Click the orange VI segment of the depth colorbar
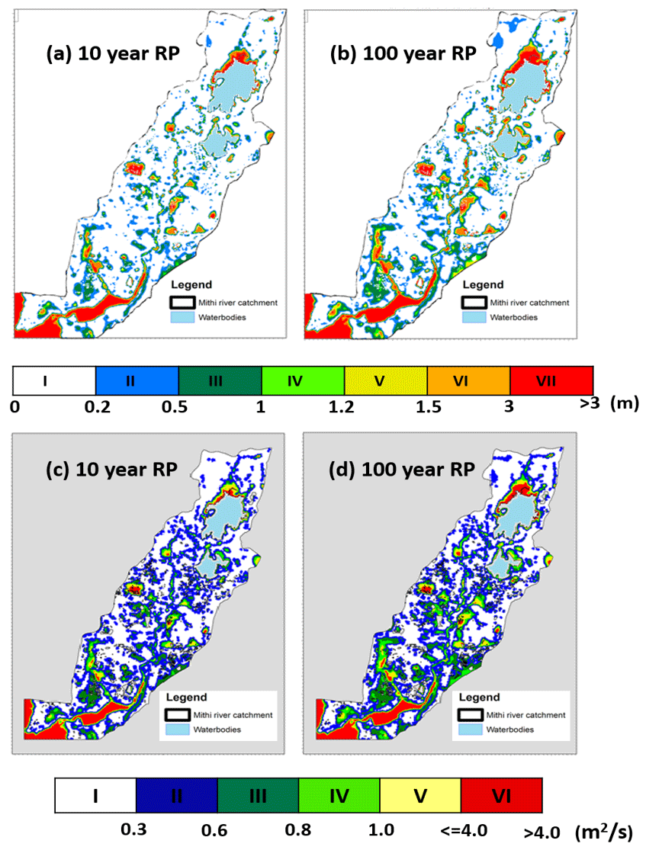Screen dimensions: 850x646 point(468,380)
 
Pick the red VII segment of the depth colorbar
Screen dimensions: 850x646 point(551,380)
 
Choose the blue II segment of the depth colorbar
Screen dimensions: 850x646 point(137,380)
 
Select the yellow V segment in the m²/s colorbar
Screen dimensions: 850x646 point(419,795)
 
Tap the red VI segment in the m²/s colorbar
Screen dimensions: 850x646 point(501,795)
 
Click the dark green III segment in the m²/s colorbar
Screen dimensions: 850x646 point(257,795)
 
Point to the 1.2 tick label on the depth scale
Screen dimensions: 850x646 point(346,408)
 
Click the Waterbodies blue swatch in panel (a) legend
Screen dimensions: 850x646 point(182,316)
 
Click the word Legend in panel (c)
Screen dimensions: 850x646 point(186,697)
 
